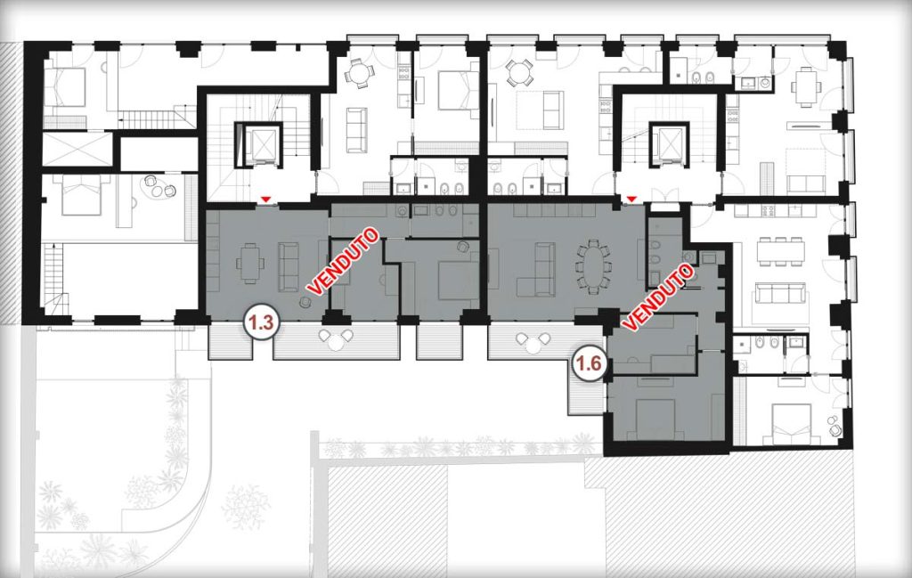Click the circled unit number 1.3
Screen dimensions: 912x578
click(262, 322)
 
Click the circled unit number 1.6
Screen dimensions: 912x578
click(588, 364)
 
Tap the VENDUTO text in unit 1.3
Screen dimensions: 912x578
click(344, 261)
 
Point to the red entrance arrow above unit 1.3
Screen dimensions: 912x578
click(265, 199)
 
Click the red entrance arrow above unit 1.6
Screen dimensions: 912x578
click(632, 199)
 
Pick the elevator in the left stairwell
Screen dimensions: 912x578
click(258, 143)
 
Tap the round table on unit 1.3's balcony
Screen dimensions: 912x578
click(336, 343)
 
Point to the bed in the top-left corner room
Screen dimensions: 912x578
click(64, 86)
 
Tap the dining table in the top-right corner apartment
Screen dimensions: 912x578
click(805, 85)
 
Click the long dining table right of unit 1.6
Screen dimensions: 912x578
click(780, 252)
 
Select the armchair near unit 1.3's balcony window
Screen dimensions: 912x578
click(305, 302)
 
